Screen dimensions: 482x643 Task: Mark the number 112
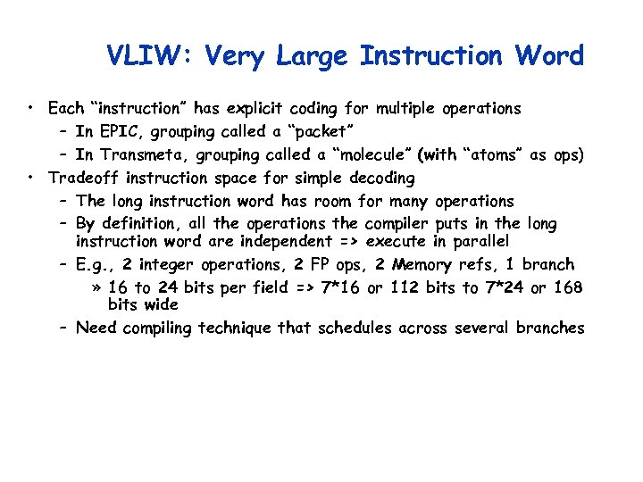click(x=401, y=287)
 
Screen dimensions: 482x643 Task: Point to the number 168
click(x=568, y=287)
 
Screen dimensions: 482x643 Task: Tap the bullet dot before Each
click(x=30, y=109)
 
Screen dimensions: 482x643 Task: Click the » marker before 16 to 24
click(x=96, y=287)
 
